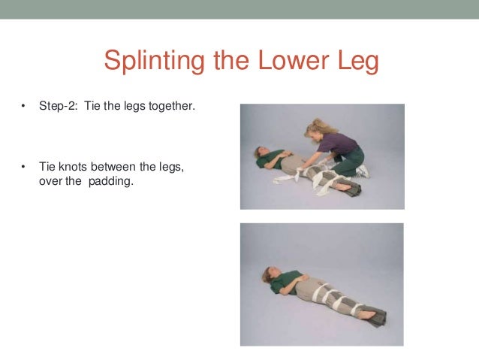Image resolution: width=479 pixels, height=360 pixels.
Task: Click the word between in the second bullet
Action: [x=112, y=166]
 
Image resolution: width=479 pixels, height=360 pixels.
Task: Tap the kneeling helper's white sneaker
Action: [x=363, y=171]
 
